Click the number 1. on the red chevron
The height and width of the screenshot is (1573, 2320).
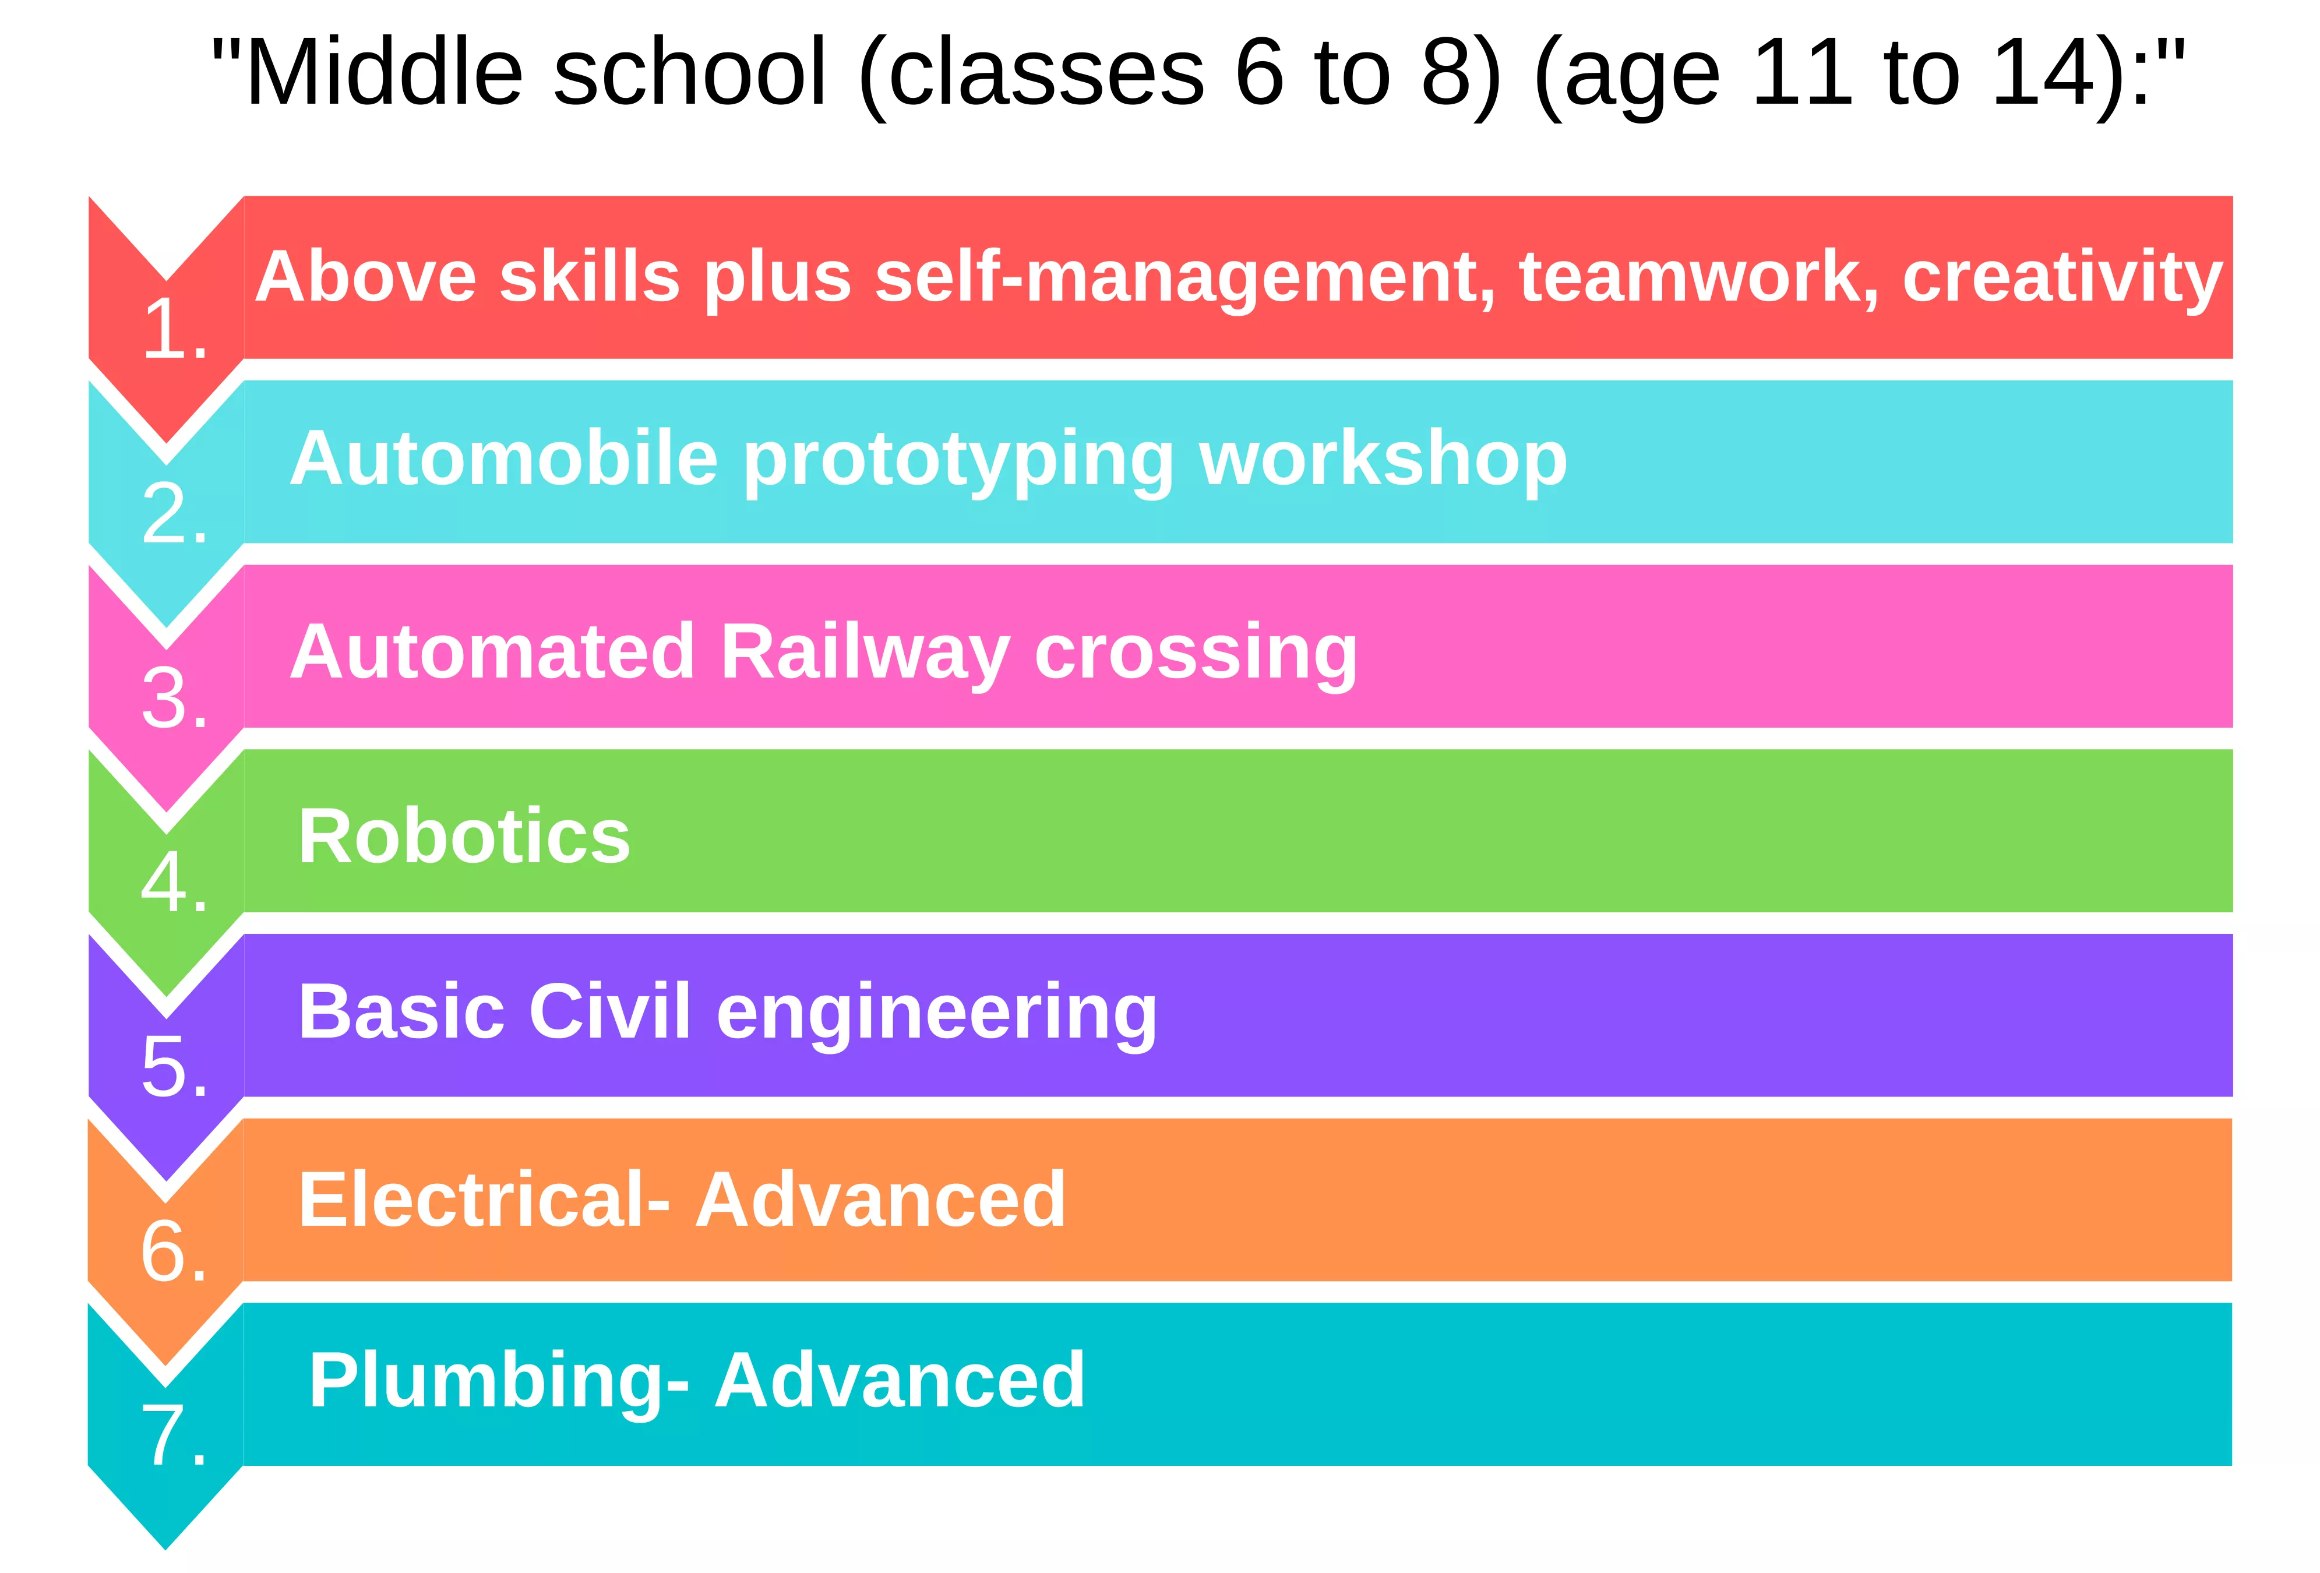[175, 329]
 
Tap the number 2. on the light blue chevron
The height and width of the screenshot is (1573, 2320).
[175, 513]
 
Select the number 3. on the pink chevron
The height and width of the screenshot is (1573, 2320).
[175, 698]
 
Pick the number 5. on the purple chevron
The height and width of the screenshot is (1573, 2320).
[175, 1067]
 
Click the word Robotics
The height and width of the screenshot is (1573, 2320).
[464, 837]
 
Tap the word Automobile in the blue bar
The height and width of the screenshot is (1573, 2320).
[504, 459]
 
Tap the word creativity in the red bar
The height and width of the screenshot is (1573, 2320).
[2062, 278]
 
